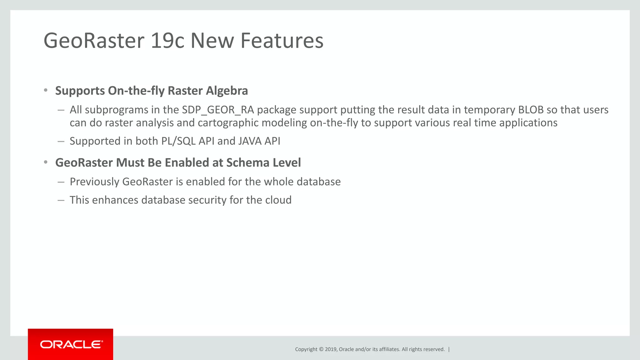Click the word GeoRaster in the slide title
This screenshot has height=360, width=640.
(94, 41)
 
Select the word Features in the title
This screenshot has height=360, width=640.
(282, 41)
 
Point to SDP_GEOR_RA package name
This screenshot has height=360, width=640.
(218, 110)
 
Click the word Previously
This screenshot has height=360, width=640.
(94, 182)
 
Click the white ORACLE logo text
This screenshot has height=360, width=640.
(71, 345)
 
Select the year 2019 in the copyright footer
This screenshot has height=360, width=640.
(331, 349)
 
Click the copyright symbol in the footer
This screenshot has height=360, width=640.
(321, 349)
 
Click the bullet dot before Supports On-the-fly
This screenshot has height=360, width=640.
(46, 91)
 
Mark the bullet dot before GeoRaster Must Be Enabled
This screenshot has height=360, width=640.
(46, 162)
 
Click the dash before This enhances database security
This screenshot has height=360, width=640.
(61, 200)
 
